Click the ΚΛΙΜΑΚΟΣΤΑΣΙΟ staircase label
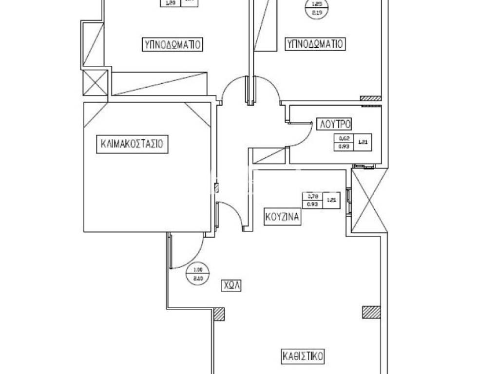coord(132,144)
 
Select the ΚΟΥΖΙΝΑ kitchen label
coord(283,216)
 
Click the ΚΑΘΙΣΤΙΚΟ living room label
coord(303,355)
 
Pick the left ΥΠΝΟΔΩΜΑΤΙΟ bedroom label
coord(173,44)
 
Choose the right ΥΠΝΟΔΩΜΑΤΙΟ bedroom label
coord(315,44)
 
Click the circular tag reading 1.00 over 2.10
coord(197,274)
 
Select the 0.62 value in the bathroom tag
coord(344,139)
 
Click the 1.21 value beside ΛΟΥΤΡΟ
coord(363,143)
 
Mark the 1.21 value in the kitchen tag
coord(331,200)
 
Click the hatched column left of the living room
coord(219,314)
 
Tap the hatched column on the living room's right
coord(371,312)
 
